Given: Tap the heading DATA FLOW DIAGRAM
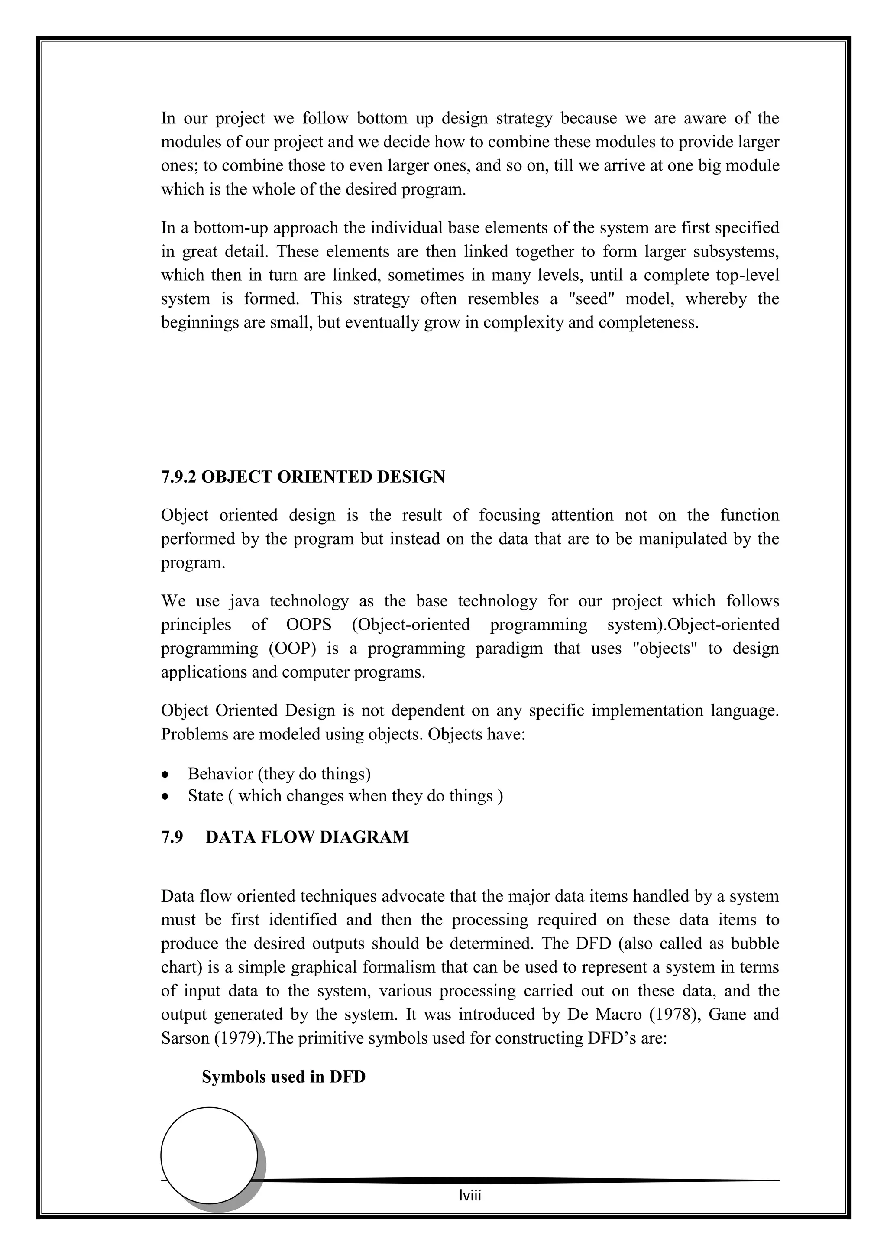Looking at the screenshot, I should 307,837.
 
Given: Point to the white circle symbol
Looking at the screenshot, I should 209,1155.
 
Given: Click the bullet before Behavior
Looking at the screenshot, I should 165,775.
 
